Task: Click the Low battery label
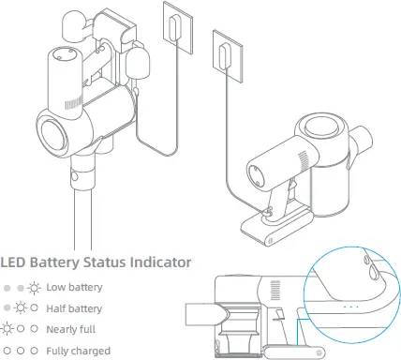(x=75, y=287)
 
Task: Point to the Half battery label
(x=75, y=308)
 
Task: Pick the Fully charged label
(x=78, y=352)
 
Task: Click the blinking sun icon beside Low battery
(x=34, y=287)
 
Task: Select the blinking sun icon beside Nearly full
(x=8, y=330)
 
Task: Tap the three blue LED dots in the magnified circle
(x=351, y=305)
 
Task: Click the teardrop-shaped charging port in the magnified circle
(x=375, y=272)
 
